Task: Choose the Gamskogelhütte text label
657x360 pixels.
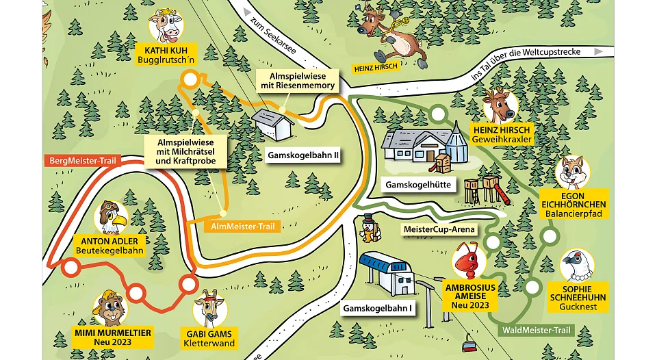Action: coord(416,185)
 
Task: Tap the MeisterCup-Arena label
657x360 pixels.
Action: coord(439,229)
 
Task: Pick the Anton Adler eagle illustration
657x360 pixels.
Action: coord(110,218)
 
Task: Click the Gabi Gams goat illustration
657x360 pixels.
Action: coord(209,308)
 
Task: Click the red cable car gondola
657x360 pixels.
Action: coord(469,344)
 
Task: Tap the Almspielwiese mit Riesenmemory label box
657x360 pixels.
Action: coord(297,81)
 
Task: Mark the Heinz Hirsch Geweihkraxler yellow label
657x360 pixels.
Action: coord(502,134)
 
